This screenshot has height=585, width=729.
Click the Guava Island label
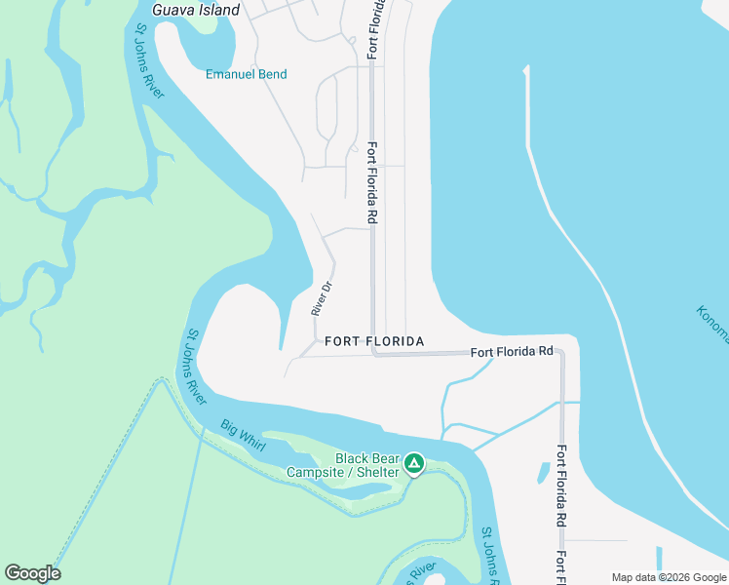[196, 10]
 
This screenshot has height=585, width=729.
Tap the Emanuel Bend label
[247, 74]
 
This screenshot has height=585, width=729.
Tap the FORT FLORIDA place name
[374, 341]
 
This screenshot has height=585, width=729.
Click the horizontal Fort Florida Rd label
[512, 352]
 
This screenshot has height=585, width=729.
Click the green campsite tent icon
[414, 463]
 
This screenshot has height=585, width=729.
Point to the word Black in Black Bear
[354, 458]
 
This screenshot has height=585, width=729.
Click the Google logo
[32, 573]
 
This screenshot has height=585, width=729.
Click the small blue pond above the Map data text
[660, 558]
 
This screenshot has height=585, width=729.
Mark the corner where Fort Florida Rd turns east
[373, 353]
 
